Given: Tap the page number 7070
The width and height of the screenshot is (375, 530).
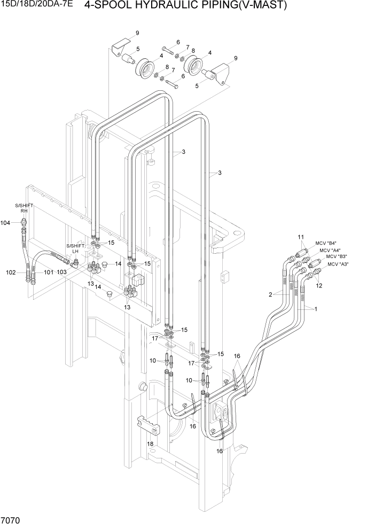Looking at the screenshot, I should pos(11,520).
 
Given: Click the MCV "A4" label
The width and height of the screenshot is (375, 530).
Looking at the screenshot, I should pos(330,250).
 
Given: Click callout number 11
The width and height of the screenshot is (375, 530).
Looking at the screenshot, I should pos(301,237).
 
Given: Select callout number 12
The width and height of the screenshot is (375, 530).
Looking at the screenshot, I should pos(319,286).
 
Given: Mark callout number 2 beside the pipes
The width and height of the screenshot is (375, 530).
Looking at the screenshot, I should pos(271,294).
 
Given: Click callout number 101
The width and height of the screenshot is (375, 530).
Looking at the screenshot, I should pos(49,272).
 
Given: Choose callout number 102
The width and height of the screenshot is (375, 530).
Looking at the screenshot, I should pos(11,272).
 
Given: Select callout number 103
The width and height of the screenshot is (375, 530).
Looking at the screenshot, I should pos(62,272).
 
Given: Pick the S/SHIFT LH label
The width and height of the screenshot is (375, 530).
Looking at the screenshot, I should pos(75,249).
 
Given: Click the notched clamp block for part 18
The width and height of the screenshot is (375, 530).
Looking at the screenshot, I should pos(149,424).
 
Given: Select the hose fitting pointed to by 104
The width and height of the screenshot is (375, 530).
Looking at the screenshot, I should pos(23,223).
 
